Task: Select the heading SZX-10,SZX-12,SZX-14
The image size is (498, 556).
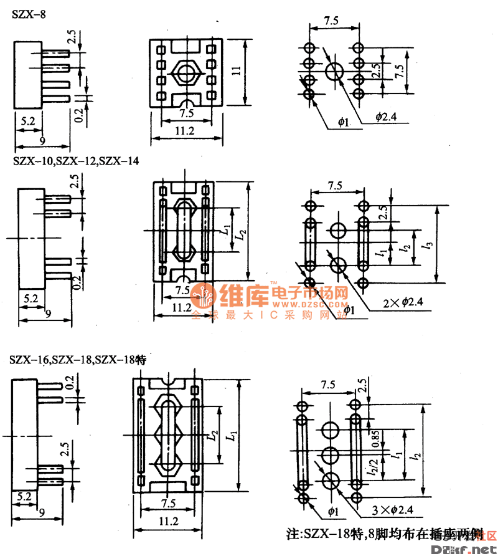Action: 75,161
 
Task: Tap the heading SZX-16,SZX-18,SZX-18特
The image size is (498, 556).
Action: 77,360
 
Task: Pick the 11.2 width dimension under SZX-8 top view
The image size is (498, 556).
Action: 184,132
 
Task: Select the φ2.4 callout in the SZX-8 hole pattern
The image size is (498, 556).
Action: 385,117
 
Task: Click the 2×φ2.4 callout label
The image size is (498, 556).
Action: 403,302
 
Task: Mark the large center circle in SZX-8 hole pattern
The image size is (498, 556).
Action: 334,70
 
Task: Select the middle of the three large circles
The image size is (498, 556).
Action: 330,456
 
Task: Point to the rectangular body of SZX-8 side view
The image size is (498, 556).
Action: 27,75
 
